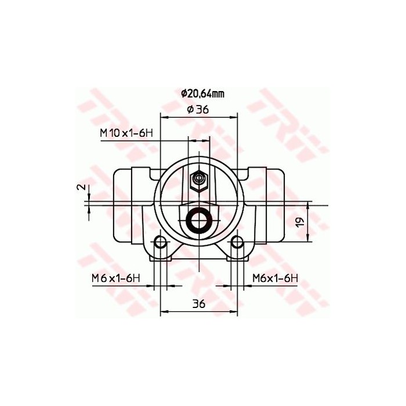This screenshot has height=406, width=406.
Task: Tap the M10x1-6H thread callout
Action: pyautogui.click(x=126, y=133)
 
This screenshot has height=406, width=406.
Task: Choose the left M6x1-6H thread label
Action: pyautogui.click(x=116, y=278)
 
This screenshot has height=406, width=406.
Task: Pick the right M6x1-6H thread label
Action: pyautogui.click(x=275, y=278)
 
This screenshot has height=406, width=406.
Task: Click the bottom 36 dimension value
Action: pyautogui.click(x=199, y=303)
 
